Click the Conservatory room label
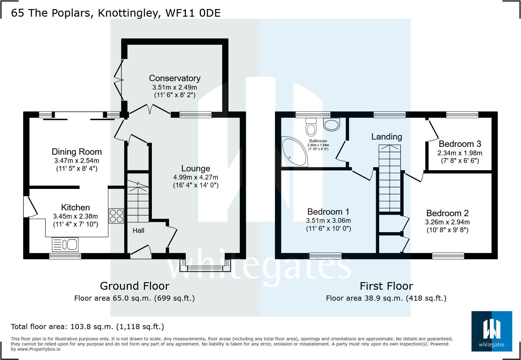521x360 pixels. pos(175,78)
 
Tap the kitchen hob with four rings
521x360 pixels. pos(116,216)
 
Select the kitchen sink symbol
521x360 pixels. pos(65,244)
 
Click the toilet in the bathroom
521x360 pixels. pos(311,127)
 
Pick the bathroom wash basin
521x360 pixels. pos(331,124)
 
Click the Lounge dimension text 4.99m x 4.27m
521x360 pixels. pos(195,177)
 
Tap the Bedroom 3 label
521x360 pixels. pos(460,144)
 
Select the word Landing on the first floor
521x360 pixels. pos(386,137)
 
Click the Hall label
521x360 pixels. pos(138,231)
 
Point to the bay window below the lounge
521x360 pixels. pos(205,266)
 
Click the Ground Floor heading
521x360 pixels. pos(134,286)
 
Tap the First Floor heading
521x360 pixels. pos(386,286)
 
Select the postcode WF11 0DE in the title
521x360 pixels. pos(193,13)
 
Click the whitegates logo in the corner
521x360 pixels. pos(491,331)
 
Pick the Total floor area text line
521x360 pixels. pos(87,327)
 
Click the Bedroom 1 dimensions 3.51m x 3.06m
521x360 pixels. pos(328,220)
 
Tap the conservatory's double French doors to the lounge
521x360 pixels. pos(150,109)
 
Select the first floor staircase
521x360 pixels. pos(390,179)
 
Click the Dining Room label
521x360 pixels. pos(77,152)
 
